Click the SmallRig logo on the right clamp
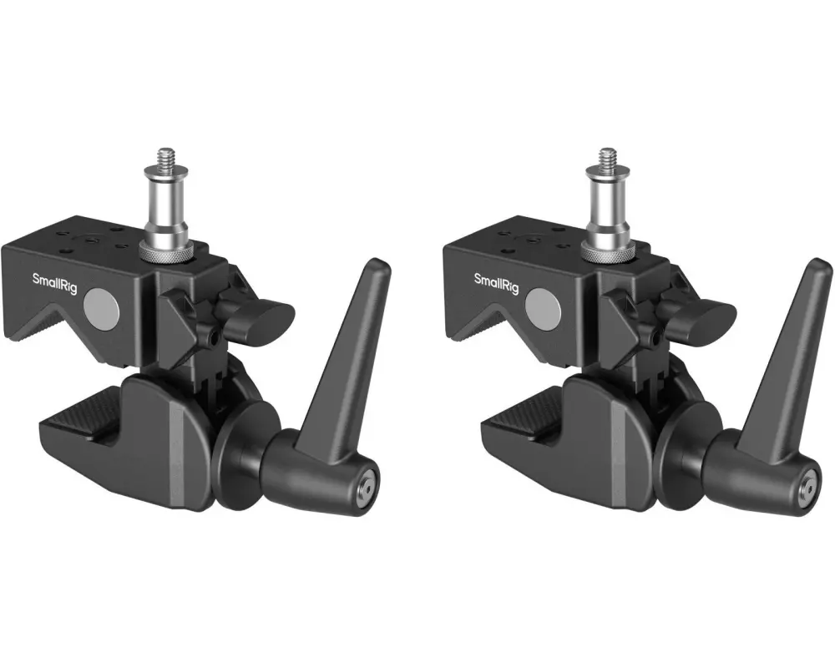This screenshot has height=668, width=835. (495, 283)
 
